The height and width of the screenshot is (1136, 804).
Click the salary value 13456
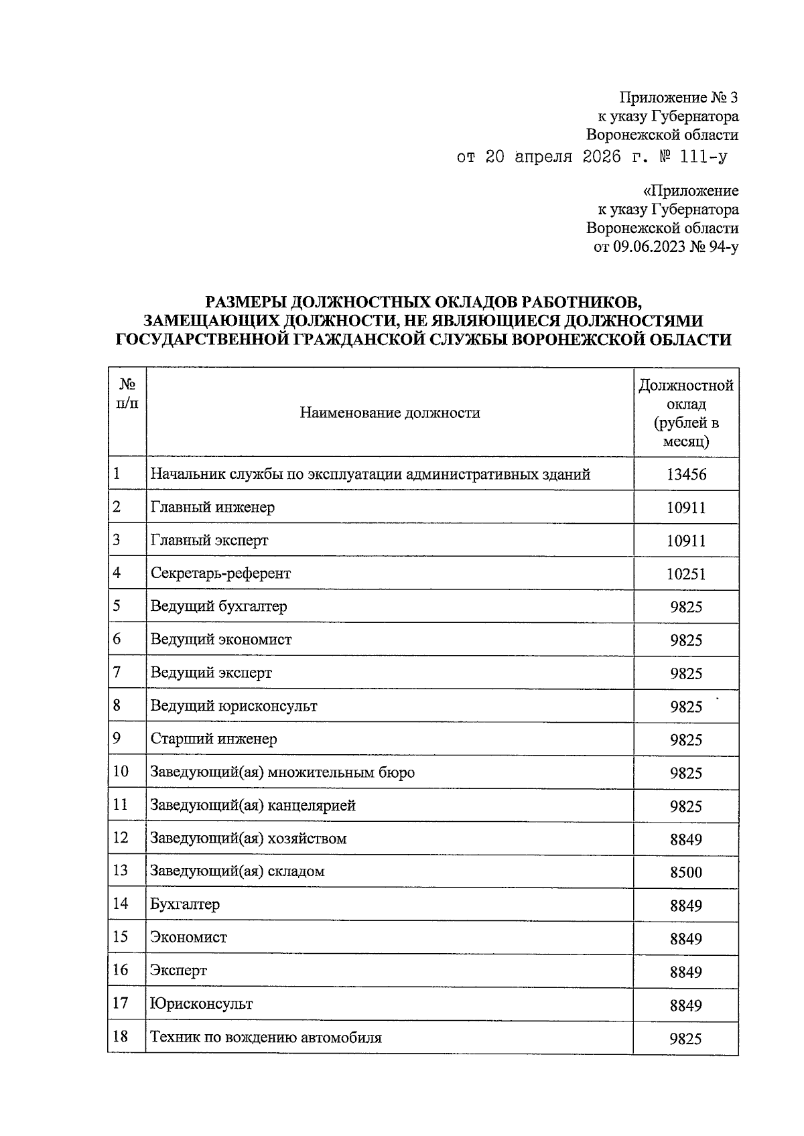[x=686, y=475]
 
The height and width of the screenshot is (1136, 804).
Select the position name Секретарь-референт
[x=220, y=573]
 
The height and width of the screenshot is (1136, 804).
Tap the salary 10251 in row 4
[x=686, y=574]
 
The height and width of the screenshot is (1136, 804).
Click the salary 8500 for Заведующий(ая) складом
[x=686, y=872]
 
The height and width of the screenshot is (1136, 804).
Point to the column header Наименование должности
[x=389, y=413]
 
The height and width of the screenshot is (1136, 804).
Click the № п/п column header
[x=127, y=394]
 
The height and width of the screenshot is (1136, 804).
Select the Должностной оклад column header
[x=686, y=413]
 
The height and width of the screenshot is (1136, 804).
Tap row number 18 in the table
[x=121, y=1037]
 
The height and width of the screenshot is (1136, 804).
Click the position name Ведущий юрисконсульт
[x=234, y=706]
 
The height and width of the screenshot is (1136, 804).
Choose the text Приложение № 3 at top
[x=678, y=98]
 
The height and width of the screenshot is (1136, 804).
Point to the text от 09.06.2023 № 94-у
[x=666, y=247]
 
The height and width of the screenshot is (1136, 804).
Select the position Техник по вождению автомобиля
[x=266, y=1038]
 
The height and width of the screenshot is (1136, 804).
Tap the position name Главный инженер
[x=212, y=507]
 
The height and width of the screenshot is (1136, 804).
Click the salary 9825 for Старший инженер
[x=686, y=739]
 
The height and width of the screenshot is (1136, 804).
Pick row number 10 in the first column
[x=121, y=771]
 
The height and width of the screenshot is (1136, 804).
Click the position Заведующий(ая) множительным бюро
[x=282, y=772]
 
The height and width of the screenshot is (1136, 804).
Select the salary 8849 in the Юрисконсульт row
[x=686, y=1005]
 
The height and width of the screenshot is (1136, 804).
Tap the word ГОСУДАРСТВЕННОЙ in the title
[x=202, y=340]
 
